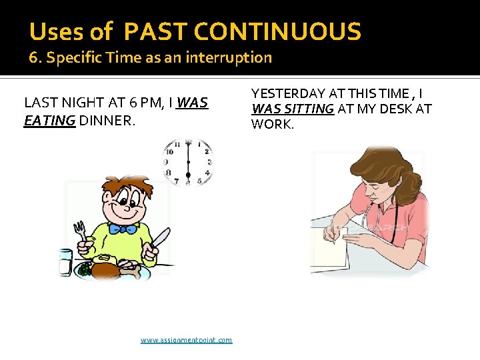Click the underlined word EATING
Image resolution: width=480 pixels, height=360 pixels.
click(x=49, y=121)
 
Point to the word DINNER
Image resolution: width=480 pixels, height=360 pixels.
click(x=107, y=121)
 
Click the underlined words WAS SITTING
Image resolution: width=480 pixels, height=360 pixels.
click(x=292, y=109)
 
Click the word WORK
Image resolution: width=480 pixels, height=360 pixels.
click(x=271, y=123)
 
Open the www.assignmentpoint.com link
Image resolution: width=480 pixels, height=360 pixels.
click(x=186, y=340)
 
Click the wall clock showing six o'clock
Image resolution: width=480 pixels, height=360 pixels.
click(x=189, y=162)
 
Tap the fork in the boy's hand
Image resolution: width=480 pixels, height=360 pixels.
click(x=80, y=231)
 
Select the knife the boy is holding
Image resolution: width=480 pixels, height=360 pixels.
click(x=161, y=239)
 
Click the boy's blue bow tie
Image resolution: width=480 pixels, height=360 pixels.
click(x=123, y=229)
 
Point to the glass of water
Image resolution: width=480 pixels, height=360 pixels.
click(x=65, y=261)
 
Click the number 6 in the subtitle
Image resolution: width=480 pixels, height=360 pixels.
click(x=32, y=57)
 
